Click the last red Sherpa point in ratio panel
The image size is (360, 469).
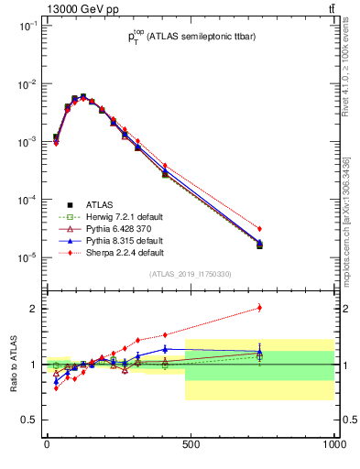pyautogui.click(x=260, y=308)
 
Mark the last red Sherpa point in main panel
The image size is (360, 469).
pyautogui.click(x=260, y=228)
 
